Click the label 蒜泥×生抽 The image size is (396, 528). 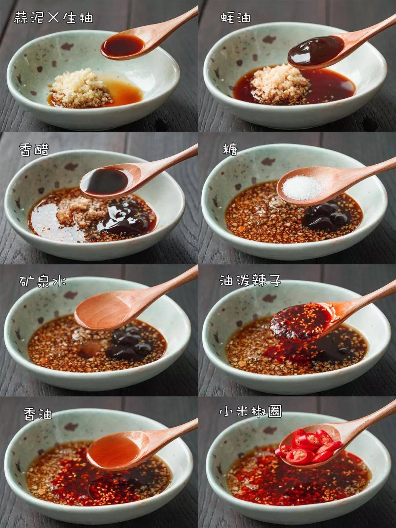pyautogui.click(x=54, y=18)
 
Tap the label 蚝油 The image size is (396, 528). pyautogui.click(x=236, y=18)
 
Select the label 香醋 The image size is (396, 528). pyautogui.click(x=34, y=150)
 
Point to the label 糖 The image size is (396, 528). pyautogui.click(x=230, y=149)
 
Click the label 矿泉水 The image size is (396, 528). pyautogui.click(x=43, y=281)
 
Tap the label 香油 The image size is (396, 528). pyautogui.click(x=38, y=414)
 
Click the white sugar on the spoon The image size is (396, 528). pyautogui.click(x=303, y=188)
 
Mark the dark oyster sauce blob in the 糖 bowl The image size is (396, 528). pyautogui.click(x=327, y=215)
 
